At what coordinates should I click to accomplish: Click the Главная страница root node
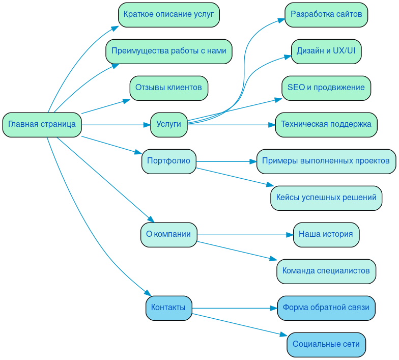pos(42,125)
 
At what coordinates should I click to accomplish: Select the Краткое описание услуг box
pos(168,15)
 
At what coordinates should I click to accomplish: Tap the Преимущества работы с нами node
pos(168,51)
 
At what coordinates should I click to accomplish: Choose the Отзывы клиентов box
pos(168,88)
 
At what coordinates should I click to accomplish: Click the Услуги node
pos(168,125)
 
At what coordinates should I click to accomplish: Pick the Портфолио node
pos(168,161)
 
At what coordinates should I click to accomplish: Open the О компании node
pos(168,235)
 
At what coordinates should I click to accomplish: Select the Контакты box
pos(168,308)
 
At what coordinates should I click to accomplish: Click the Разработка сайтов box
pos(326,15)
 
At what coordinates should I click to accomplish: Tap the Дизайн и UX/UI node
pos(326,51)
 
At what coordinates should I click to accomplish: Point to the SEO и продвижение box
pos(326,88)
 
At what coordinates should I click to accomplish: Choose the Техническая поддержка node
pos(326,125)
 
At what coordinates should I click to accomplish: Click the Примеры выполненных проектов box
pos(326,161)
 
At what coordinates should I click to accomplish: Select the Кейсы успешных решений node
pos(326,198)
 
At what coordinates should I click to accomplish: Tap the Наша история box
pos(326,235)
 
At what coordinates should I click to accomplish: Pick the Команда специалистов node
pos(326,271)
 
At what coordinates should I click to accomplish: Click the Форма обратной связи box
pos(326,308)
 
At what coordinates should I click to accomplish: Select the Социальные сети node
pos(326,345)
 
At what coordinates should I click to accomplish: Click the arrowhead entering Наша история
pos(290,235)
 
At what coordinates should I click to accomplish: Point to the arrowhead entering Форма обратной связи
pos(273,308)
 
